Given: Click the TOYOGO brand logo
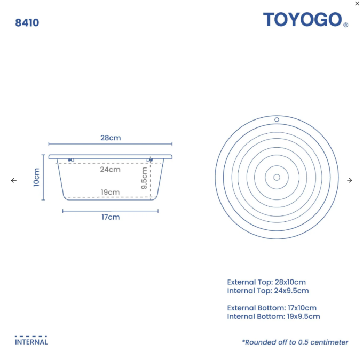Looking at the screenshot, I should click(x=302, y=20).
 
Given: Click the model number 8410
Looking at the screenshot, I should click(x=27, y=23).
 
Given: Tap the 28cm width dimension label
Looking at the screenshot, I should click(x=111, y=138).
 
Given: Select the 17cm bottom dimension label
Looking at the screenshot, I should click(x=111, y=217).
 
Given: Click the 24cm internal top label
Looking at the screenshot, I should click(x=111, y=170).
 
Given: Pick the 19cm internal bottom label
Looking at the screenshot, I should click(x=111, y=192).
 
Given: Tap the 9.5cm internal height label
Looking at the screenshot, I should click(x=144, y=178).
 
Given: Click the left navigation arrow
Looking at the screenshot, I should click(x=14, y=180).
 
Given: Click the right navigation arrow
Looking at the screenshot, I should click(x=350, y=180).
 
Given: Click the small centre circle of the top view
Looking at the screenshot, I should click(x=277, y=177).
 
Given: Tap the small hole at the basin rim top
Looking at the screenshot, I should click(x=277, y=119).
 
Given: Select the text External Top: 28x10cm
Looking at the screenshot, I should click(x=266, y=282).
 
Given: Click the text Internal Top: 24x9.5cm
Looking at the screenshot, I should click(x=268, y=291).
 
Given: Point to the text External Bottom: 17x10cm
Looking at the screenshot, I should click(x=272, y=308).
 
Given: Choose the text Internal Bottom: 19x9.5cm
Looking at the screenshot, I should click(x=273, y=316).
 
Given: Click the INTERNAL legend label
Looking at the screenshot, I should click(x=31, y=342).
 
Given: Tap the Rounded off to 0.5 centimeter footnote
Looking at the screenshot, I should click(x=295, y=342).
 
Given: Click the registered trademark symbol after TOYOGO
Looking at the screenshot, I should click(x=346, y=25).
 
